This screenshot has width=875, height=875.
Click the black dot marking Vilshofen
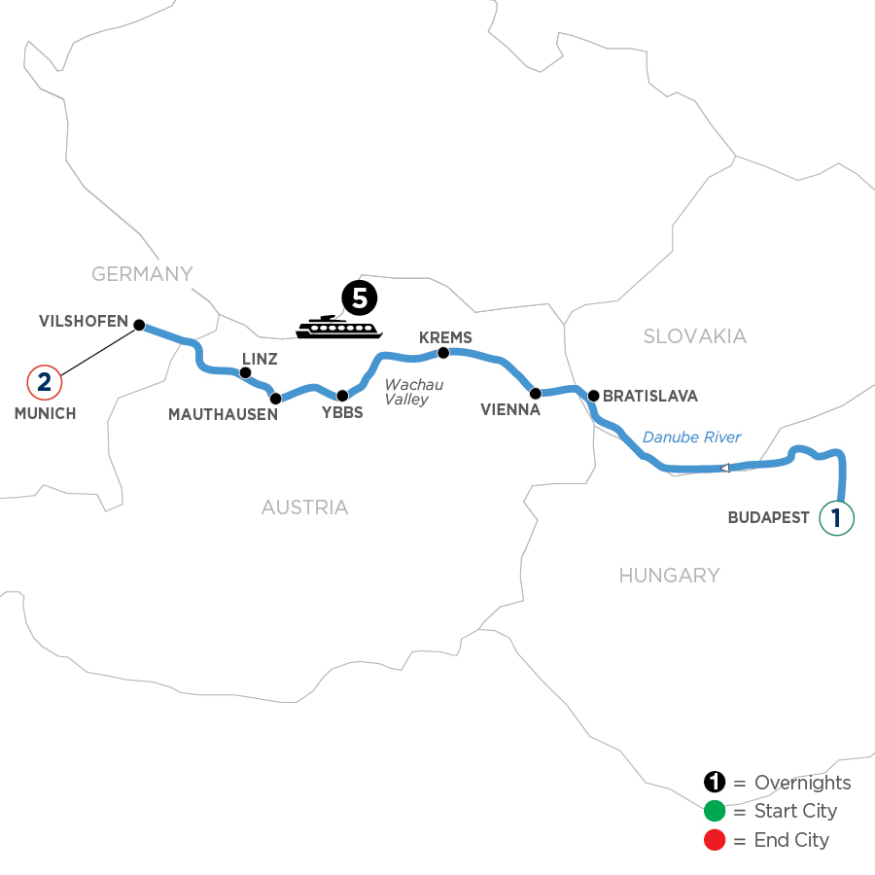[139, 325]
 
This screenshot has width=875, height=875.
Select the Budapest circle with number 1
[837, 517]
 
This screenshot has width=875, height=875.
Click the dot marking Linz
[245, 372]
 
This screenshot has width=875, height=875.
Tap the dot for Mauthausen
[275, 398]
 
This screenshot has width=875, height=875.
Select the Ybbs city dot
[342, 396]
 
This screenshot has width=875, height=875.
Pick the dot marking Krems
[443, 352]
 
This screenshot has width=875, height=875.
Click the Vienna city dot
[535, 393]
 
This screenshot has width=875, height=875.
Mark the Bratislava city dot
[593, 396]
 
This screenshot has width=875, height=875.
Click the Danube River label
[692, 437]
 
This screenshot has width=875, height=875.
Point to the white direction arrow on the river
[724, 469]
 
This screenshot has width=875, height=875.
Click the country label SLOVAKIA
[694, 336]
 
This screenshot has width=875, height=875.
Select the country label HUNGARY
[669, 576]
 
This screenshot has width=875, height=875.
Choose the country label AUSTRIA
[304, 507]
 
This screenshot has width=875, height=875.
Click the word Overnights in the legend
[802, 783]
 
